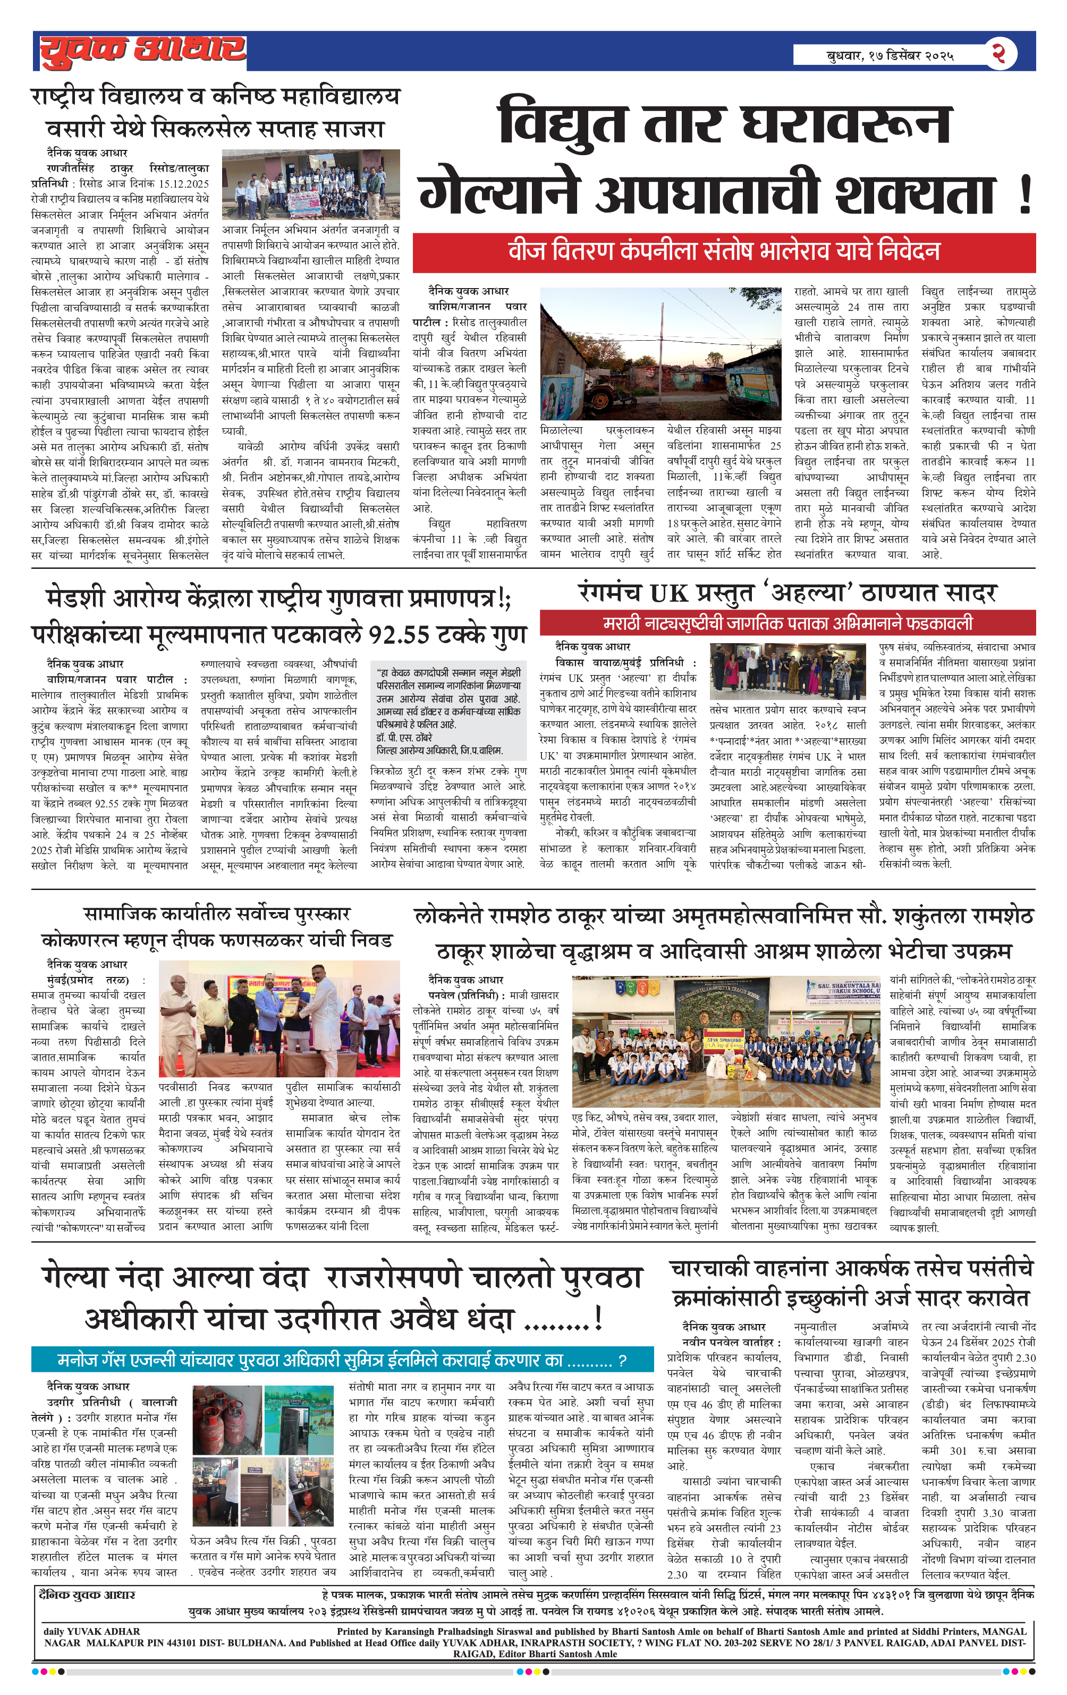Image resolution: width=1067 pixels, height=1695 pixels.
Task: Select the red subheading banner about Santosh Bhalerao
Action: coord(724,252)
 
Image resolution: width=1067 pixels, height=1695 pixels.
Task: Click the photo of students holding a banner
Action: coord(310,185)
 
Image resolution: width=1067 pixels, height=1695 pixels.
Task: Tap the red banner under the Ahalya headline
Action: coord(787,623)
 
